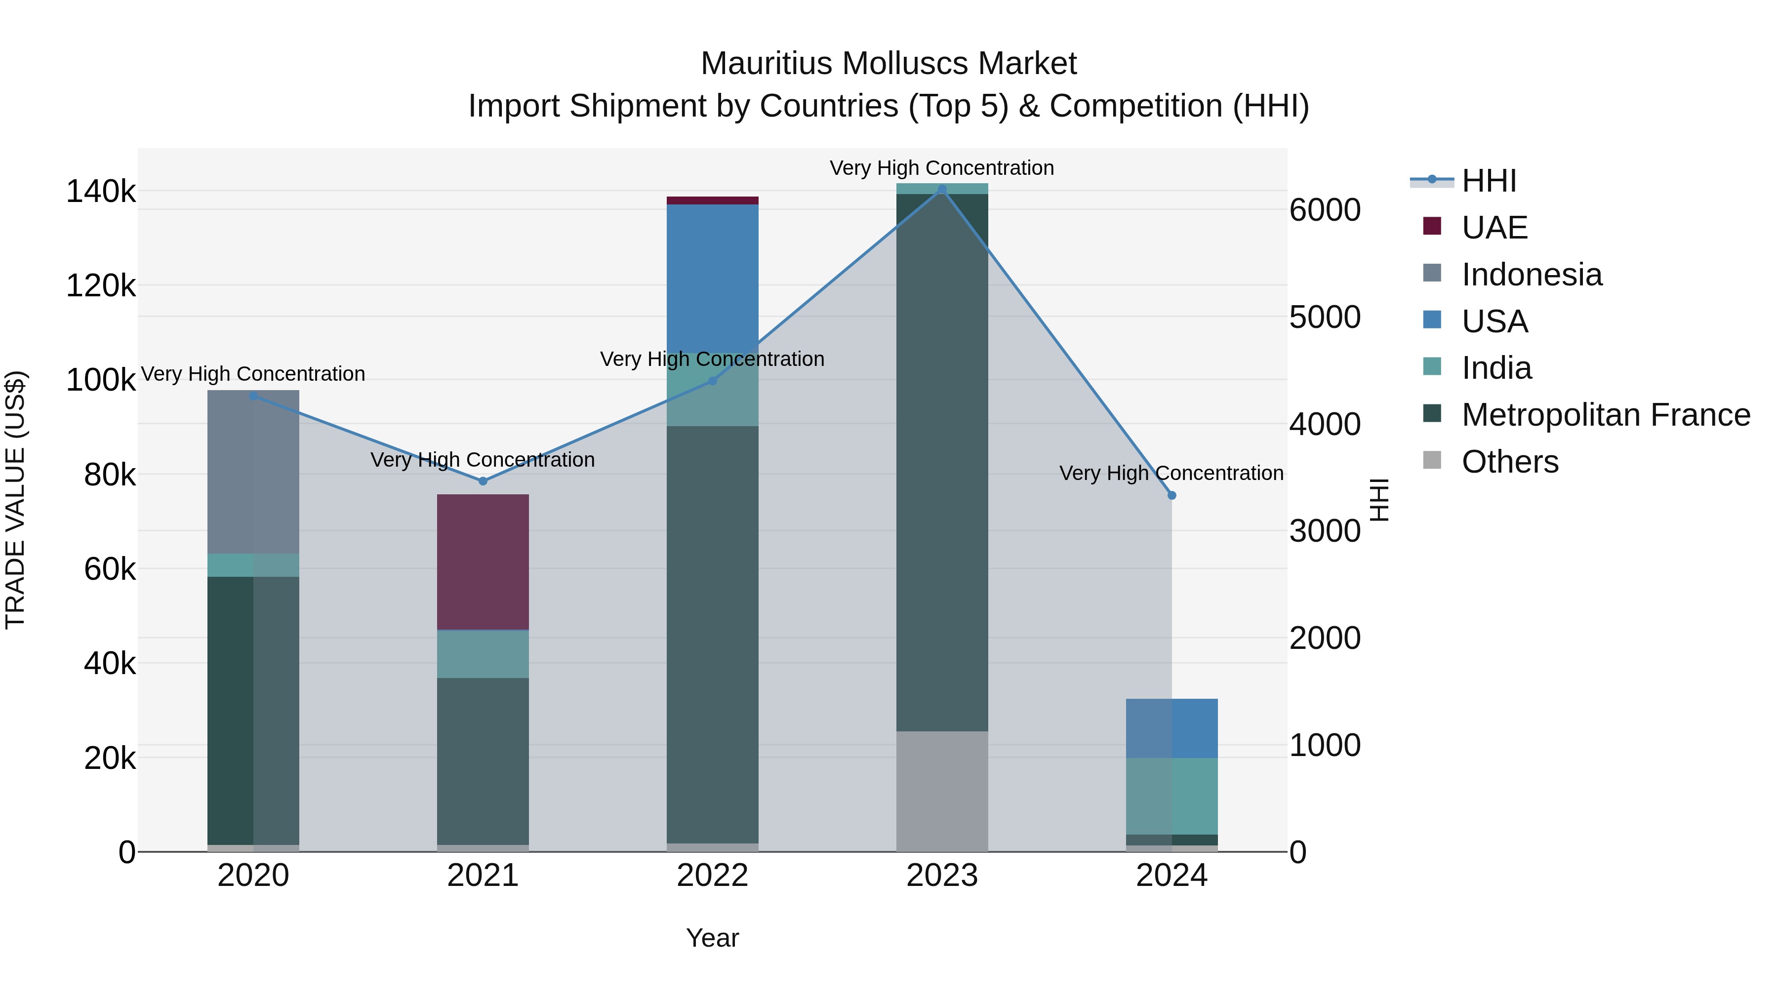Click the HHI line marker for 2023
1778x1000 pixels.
pyautogui.click(x=942, y=189)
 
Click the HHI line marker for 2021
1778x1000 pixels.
pyautogui.click(x=483, y=481)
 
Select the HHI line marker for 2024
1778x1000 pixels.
pyautogui.click(x=1172, y=495)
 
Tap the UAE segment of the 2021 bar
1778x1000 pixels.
pyautogui.click(x=483, y=562)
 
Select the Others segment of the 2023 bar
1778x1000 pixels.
pyautogui.click(x=942, y=791)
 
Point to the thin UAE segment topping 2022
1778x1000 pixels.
pyautogui.click(x=712, y=201)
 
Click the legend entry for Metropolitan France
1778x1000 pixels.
pyautogui.click(x=1606, y=415)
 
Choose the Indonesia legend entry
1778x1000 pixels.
pyautogui.click(x=1531, y=275)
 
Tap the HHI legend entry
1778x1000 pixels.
pyautogui.click(x=1488, y=181)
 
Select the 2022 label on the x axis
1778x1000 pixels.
pyautogui.click(x=712, y=876)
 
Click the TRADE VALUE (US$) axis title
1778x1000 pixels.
pyautogui.click(x=15, y=500)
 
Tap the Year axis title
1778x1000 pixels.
pyautogui.click(x=712, y=938)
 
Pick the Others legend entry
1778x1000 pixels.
pyautogui.click(x=1509, y=462)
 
